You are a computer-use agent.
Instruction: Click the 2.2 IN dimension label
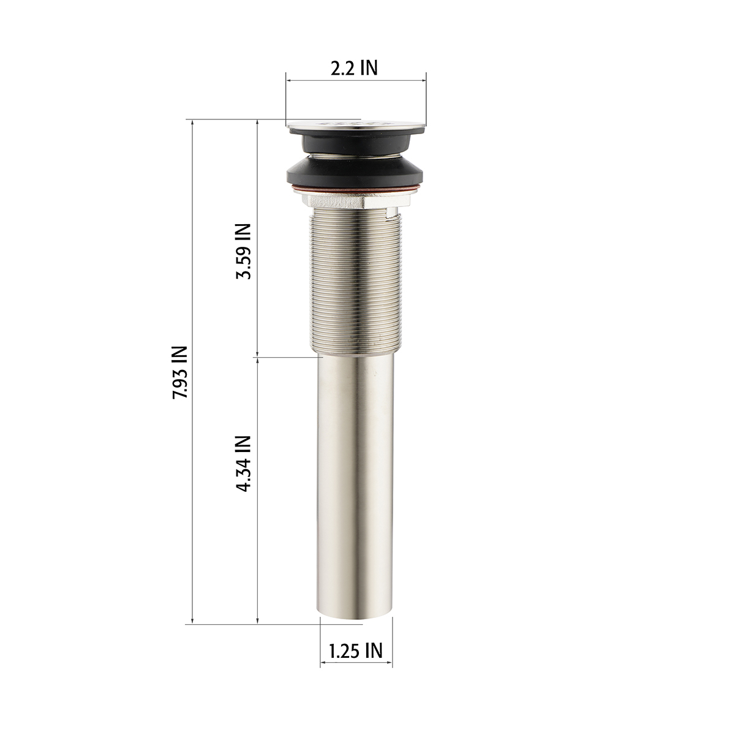click(353, 68)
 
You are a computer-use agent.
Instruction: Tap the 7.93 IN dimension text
click(179, 372)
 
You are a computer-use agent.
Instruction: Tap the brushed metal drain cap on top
click(356, 125)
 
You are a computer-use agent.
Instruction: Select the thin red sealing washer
click(355, 189)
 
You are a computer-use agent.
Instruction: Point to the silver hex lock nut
click(355, 201)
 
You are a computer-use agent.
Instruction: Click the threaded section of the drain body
click(355, 281)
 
